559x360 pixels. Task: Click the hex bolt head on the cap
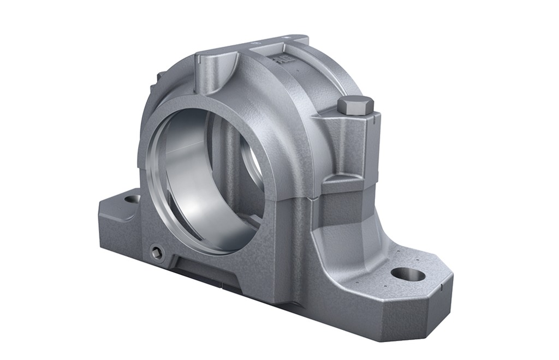355,105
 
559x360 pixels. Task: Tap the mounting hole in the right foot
408,274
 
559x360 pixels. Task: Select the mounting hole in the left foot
132,199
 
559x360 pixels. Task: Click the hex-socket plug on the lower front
157,251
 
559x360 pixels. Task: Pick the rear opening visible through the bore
251,164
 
